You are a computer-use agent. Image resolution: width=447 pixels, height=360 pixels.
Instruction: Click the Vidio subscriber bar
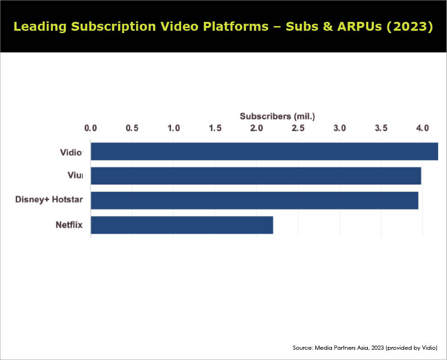point(264,151)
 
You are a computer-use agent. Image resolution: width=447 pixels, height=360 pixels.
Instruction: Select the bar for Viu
point(256,176)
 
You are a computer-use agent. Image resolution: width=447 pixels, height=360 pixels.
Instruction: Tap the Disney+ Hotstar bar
point(255,200)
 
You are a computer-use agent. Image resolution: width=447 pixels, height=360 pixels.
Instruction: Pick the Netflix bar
point(182,225)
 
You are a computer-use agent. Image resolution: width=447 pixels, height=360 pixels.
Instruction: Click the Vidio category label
point(71,152)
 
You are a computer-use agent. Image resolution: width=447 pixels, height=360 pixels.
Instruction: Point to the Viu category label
point(75,175)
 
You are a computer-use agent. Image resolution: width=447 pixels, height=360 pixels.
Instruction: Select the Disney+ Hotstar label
point(49,199)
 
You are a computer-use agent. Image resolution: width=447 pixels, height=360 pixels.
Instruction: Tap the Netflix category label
point(69,225)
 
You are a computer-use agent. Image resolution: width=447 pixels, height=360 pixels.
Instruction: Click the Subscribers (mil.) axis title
point(278,116)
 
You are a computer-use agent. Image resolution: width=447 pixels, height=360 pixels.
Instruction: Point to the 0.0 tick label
point(91,128)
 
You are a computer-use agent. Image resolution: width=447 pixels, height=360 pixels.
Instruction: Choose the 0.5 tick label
point(132,128)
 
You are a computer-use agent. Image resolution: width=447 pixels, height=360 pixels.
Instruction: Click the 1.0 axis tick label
point(174,128)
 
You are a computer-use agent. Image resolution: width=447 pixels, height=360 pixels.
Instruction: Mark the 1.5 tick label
point(215,128)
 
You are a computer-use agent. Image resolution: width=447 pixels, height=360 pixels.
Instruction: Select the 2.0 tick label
point(257,128)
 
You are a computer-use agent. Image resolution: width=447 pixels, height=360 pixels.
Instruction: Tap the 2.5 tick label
point(298,128)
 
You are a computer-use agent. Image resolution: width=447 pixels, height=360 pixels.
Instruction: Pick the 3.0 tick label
point(339,128)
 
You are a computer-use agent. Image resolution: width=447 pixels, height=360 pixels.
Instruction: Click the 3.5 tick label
point(381,128)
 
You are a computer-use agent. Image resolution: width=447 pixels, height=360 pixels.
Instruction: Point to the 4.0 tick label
point(422,128)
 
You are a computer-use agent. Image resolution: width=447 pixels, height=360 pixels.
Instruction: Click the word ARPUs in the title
point(359,27)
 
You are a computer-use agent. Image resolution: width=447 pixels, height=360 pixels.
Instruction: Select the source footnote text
point(365,348)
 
